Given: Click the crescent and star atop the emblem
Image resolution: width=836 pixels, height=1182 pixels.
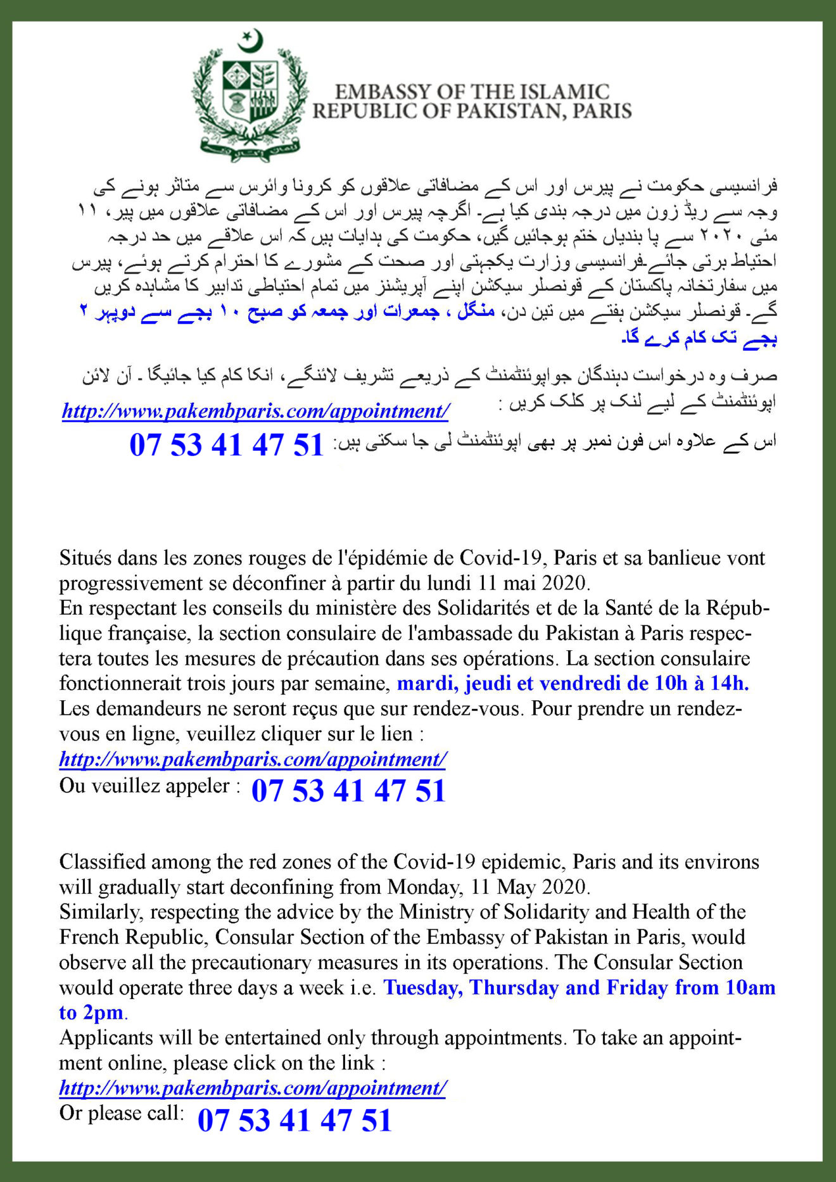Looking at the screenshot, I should [x=250, y=41].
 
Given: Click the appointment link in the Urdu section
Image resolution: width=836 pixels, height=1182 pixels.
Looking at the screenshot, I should [x=255, y=412].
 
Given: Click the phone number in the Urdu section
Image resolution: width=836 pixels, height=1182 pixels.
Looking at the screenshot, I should [x=226, y=445].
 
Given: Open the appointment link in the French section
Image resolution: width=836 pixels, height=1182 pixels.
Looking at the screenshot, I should [x=253, y=759].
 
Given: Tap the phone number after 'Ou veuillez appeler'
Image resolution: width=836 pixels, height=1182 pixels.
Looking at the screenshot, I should [x=348, y=791].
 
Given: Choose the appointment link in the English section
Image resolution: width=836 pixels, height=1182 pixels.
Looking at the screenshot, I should [x=253, y=1088].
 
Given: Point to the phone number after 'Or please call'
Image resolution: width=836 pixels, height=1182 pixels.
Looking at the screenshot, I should [x=294, y=1120].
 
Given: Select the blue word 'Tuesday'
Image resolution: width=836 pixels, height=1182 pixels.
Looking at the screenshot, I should [x=422, y=988].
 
